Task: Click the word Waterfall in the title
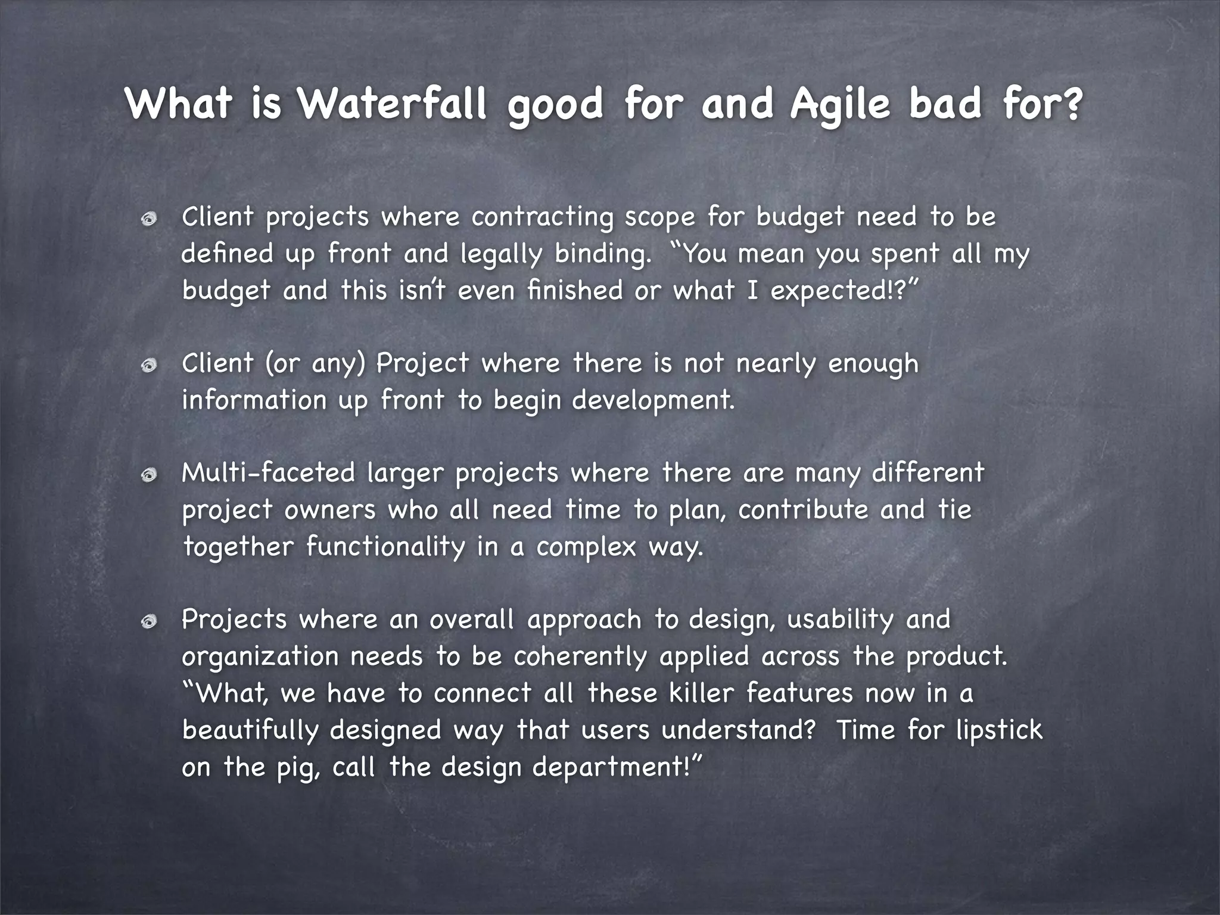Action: coord(393,104)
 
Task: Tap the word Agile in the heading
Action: coord(841,105)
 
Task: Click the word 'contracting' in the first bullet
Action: coord(542,217)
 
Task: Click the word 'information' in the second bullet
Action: coord(254,400)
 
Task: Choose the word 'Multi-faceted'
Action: coord(268,474)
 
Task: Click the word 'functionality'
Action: coord(385,547)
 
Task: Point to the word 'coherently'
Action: coord(580,657)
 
